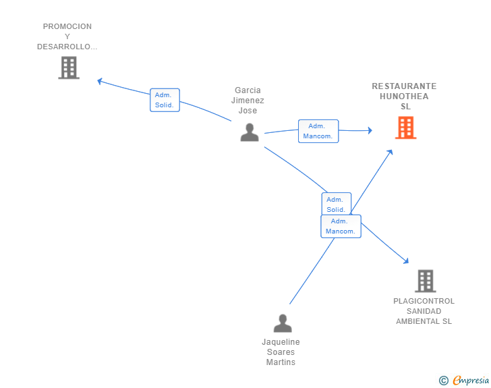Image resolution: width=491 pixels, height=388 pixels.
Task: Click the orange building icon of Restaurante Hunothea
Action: click(x=405, y=128)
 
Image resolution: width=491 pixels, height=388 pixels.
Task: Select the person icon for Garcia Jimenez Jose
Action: click(x=250, y=132)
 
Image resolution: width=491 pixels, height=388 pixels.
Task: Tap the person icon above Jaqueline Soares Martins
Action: click(x=283, y=323)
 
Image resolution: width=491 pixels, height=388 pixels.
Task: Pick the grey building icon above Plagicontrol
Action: click(x=426, y=281)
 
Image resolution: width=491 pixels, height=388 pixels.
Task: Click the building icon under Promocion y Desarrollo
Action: click(x=69, y=67)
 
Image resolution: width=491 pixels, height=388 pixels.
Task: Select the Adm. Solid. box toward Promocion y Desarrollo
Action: click(x=165, y=100)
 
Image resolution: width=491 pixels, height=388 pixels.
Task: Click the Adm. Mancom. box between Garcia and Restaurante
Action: click(x=318, y=131)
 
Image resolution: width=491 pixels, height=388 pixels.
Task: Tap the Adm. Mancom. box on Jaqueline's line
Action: click(x=341, y=226)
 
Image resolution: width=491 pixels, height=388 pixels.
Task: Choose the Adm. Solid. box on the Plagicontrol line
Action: click(x=337, y=204)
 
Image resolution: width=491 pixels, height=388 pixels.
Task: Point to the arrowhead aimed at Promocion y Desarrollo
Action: click(x=100, y=81)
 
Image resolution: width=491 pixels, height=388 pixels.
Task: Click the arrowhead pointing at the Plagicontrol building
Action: click(x=406, y=260)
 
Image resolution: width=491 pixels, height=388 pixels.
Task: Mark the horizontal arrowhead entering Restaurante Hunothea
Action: click(x=370, y=130)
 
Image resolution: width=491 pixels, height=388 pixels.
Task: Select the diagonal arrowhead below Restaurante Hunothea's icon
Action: click(x=390, y=152)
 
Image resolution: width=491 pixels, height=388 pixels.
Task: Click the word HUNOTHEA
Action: click(x=404, y=96)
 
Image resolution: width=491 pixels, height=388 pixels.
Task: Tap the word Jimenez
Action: click(x=248, y=101)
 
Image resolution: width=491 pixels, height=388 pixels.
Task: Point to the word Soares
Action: click(x=281, y=352)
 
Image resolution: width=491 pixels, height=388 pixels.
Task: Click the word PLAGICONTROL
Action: click(x=424, y=301)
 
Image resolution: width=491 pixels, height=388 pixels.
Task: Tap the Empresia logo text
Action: click(x=471, y=381)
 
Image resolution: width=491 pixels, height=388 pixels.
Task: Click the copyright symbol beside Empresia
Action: click(x=444, y=381)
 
